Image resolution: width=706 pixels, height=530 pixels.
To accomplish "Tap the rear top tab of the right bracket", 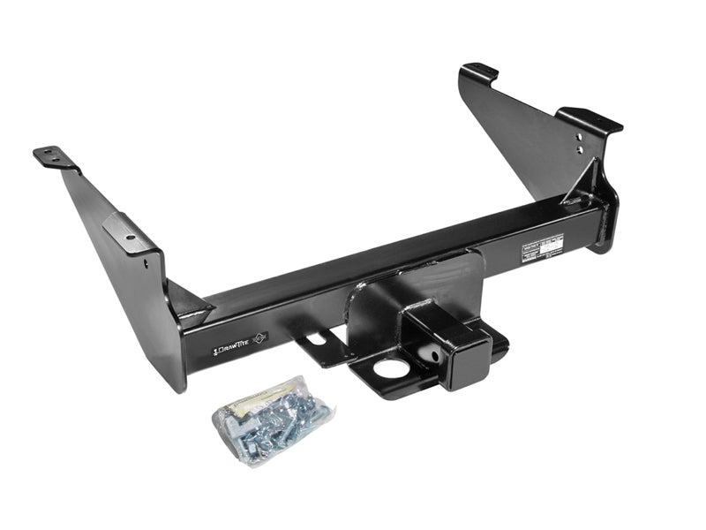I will (x=480, y=71).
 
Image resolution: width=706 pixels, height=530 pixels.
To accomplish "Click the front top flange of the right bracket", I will (x=590, y=119).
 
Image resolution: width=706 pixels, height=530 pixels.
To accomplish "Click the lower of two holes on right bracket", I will (x=578, y=152).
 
